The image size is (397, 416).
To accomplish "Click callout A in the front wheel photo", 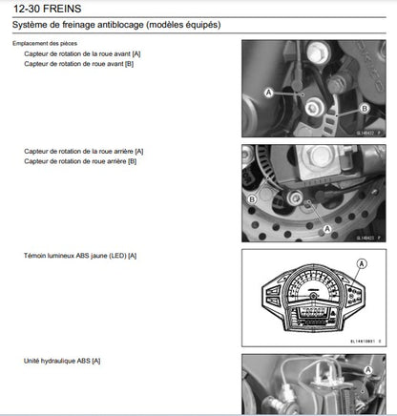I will coord(267,93).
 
